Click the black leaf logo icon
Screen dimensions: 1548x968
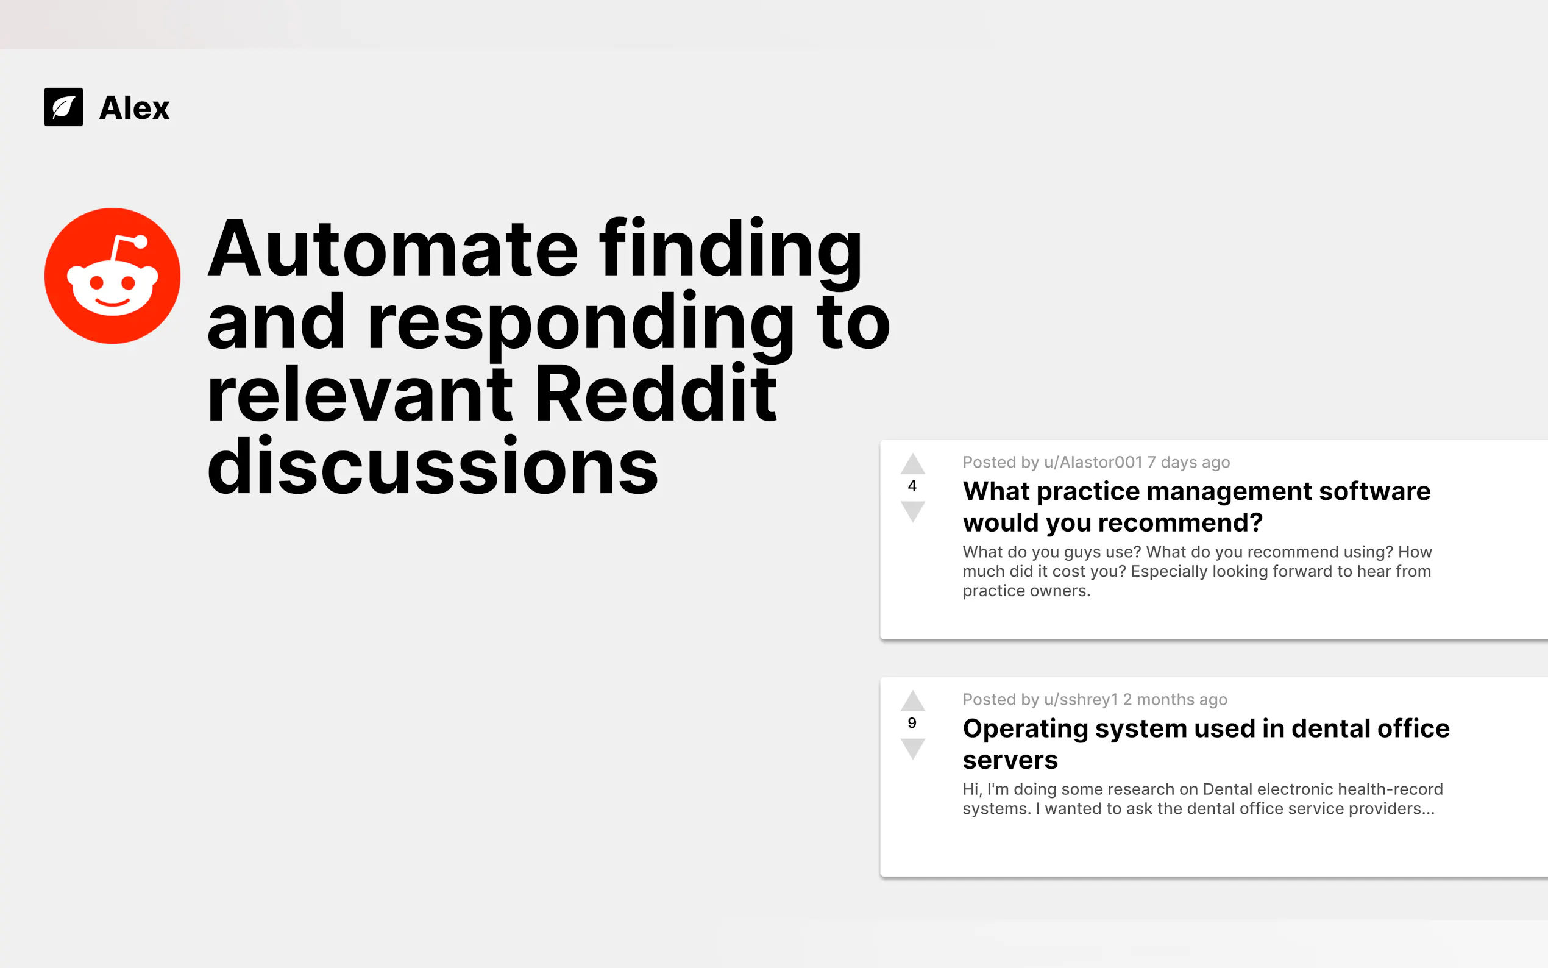(63, 107)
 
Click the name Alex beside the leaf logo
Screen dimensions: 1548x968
(135, 107)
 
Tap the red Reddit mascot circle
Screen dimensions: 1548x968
(113, 276)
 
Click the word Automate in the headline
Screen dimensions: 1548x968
(394, 249)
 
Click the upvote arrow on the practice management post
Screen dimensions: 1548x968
(912, 463)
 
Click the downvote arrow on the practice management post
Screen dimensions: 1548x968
(912, 511)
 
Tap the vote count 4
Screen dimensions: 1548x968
(912, 486)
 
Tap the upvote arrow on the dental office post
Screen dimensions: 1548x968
(912, 701)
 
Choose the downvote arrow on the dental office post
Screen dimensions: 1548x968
(912, 749)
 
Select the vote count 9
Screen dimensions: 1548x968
(912, 723)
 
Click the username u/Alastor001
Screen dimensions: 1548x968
(1093, 462)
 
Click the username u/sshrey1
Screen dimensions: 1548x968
(1081, 700)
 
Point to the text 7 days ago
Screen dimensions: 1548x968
(1188, 462)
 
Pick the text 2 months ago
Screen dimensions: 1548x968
(1175, 700)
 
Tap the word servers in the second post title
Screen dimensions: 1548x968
(1010, 760)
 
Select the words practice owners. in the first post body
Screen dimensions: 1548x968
(1026, 591)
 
